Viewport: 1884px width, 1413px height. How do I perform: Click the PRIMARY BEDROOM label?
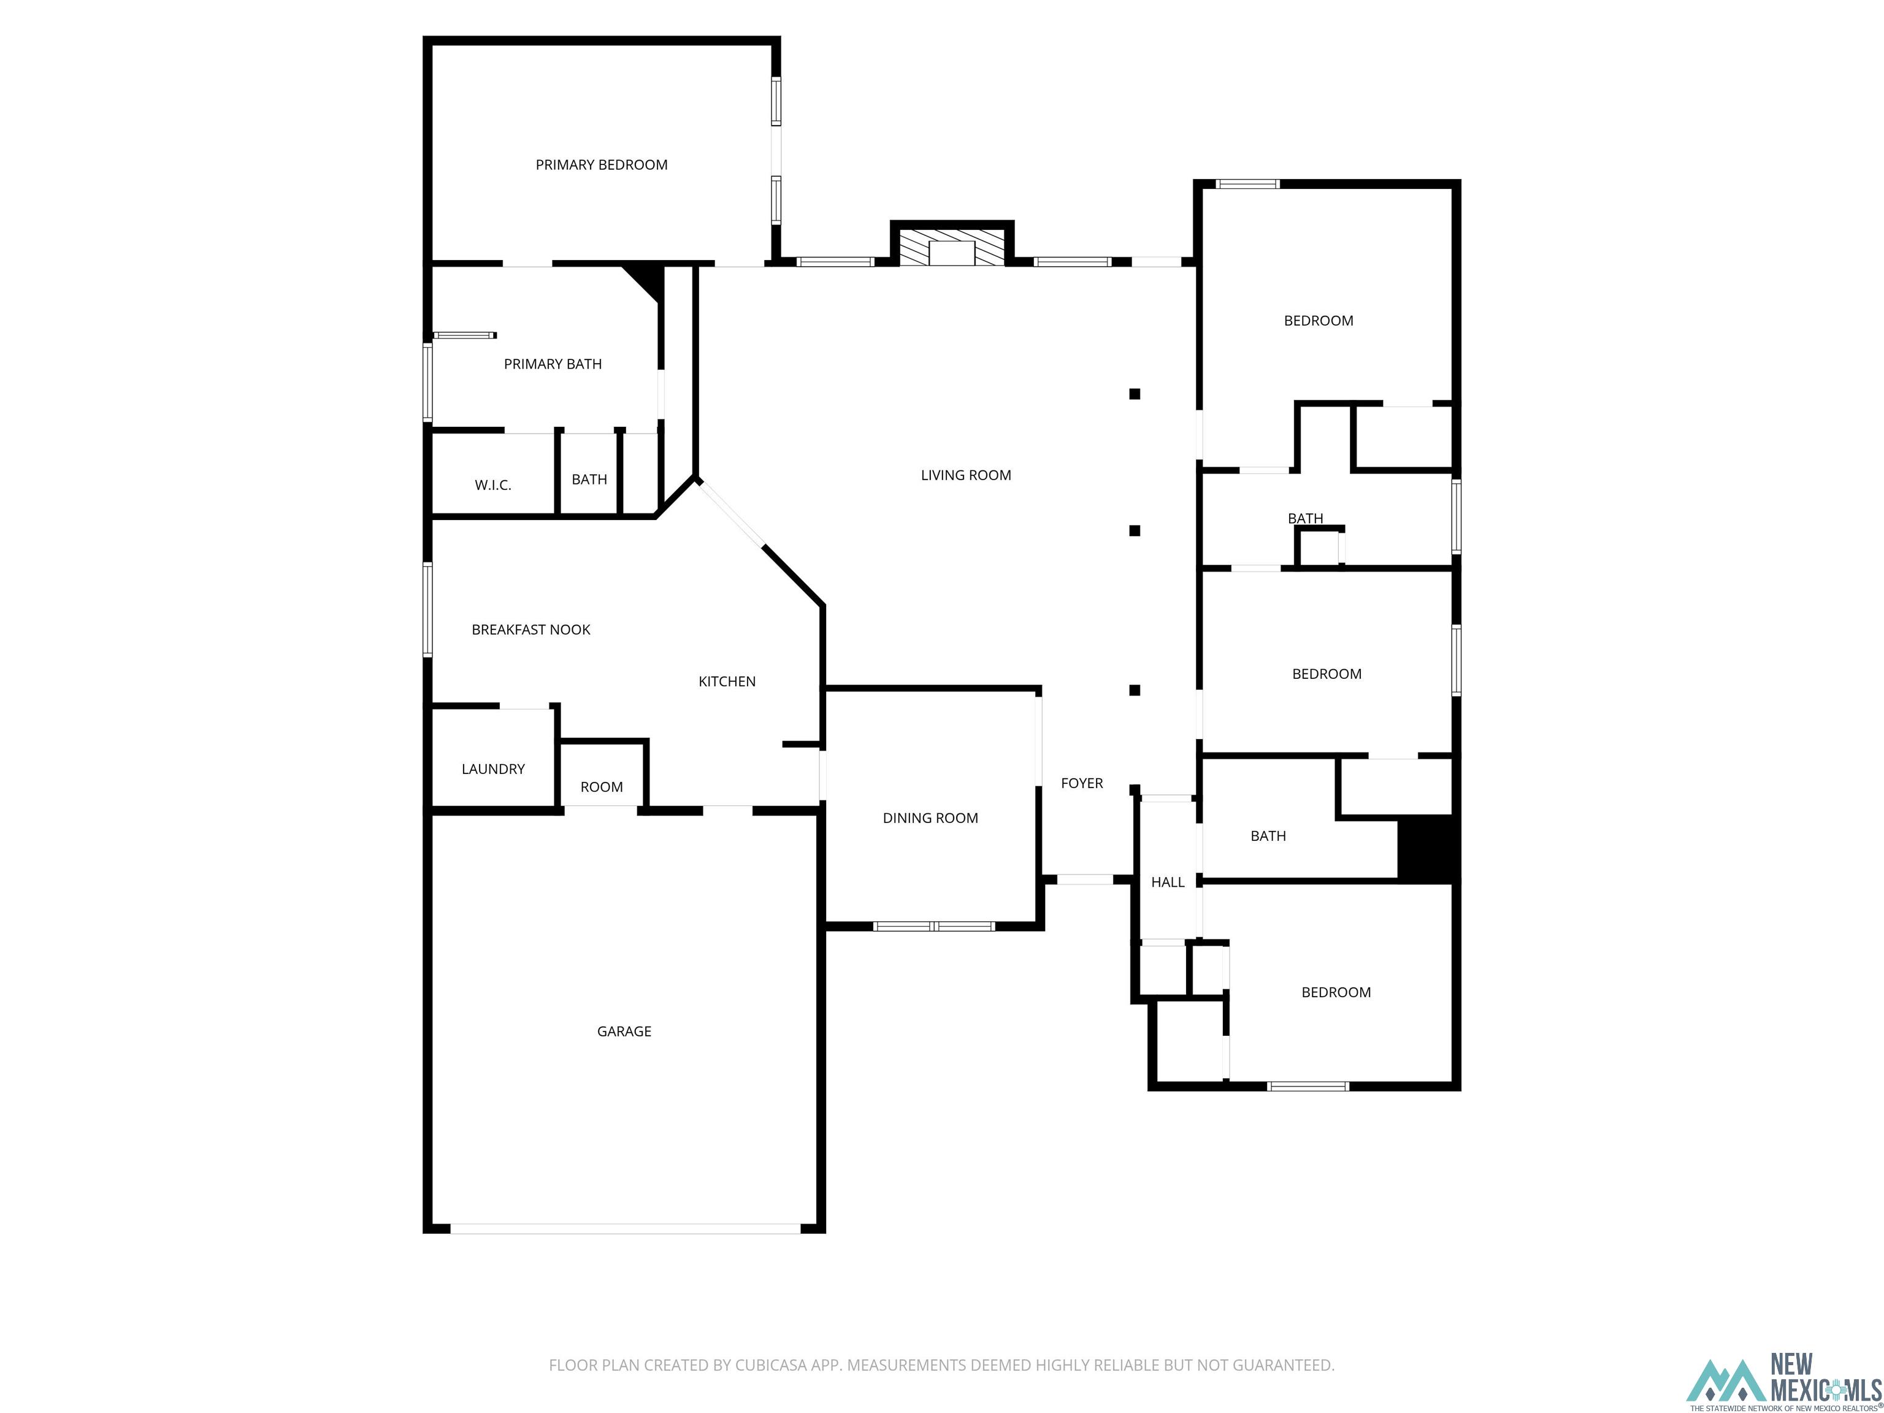point(600,165)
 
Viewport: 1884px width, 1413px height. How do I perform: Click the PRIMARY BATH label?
point(552,364)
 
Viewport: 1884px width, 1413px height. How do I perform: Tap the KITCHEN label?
point(727,681)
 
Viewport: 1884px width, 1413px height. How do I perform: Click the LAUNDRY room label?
point(492,769)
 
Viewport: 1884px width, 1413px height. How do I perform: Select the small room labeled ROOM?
point(601,787)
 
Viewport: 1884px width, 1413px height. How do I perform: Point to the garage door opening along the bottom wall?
point(624,1228)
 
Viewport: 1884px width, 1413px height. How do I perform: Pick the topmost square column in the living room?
point(1135,394)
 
